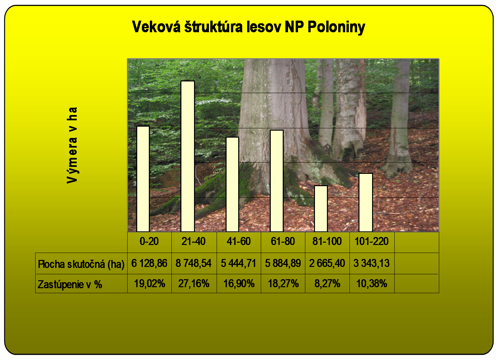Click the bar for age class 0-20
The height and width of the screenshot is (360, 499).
[143, 179]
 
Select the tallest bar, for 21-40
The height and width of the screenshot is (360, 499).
[188, 156]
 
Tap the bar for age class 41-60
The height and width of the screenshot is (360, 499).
[232, 184]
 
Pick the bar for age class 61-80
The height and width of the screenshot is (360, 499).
[277, 181]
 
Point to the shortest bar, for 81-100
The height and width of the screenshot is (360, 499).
[321, 208]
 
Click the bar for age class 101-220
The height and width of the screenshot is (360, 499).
[366, 202]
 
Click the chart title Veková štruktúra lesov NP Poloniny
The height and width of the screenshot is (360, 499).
[249, 27]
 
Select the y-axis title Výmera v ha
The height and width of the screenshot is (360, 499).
[72, 145]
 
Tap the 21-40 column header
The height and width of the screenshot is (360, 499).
[194, 241]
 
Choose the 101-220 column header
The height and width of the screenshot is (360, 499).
[371, 241]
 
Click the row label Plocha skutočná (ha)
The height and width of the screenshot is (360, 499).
[81, 264]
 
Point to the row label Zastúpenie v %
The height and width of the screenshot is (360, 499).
[70, 285]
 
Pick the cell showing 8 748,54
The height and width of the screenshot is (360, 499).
[194, 263]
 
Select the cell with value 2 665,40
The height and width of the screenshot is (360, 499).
[327, 263]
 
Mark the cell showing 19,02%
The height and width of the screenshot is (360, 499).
[150, 284]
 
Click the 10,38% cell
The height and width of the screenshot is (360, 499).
[371, 284]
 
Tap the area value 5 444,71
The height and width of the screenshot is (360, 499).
[239, 263]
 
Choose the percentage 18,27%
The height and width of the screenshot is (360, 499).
[283, 284]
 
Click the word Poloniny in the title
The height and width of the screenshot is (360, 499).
[336, 27]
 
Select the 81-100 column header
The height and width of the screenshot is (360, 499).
[327, 241]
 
